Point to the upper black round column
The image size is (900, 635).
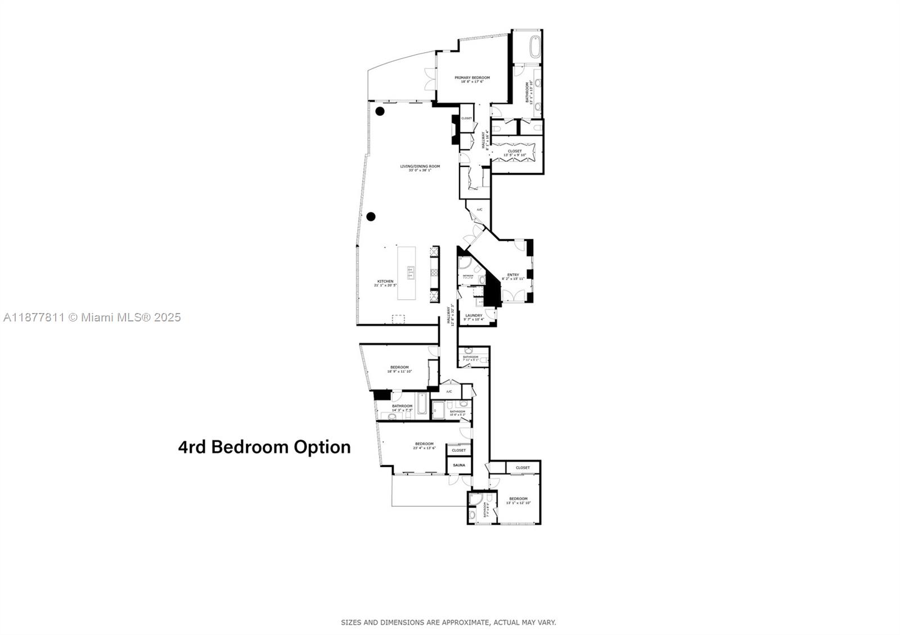380,111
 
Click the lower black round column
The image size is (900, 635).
371,216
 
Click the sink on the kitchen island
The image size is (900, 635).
411,273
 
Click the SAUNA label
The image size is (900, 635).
459,465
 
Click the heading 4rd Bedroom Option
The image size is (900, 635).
264,447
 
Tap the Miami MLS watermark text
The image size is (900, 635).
92,317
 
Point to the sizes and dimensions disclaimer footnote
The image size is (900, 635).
448,622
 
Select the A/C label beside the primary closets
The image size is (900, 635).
479,210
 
